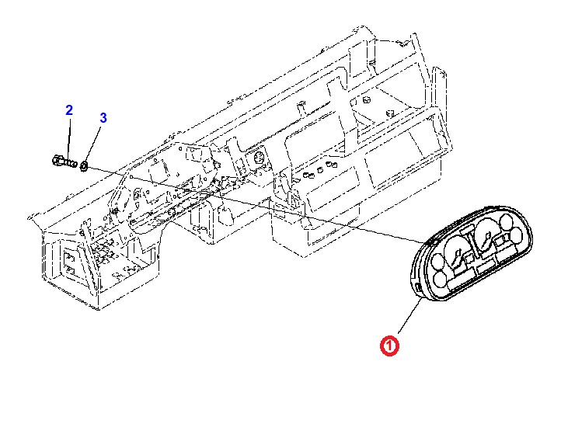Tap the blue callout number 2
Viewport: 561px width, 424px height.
click(68, 110)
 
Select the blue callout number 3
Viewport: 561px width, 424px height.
click(103, 118)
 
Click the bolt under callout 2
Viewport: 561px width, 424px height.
click(64, 162)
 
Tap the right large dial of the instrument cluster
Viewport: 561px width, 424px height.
click(486, 233)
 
